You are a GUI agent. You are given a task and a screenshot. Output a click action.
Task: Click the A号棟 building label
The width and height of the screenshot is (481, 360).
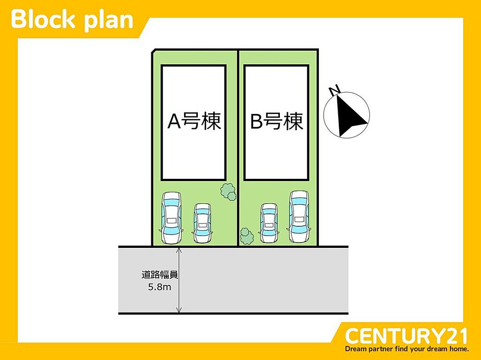pyautogui.click(x=194, y=121)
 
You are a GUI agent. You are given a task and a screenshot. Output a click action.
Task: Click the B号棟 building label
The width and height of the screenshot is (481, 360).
pyautogui.click(x=277, y=121)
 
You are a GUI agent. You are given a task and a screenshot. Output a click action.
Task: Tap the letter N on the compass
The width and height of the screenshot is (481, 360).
pyautogui.click(x=334, y=90)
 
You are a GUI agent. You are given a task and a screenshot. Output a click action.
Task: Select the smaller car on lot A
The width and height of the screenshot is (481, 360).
pyautogui.click(x=202, y=223)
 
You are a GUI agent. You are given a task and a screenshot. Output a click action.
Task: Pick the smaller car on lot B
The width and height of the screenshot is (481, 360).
pyautogui.click(x=269, y=223)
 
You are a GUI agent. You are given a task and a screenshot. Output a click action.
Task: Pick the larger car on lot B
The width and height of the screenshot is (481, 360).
pyautogui.click(x=299, y=217)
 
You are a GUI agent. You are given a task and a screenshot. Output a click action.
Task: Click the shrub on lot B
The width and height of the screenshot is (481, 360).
pyautogui.click(x=247, y=236)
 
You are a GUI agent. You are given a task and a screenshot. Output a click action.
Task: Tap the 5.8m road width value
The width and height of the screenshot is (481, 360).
pyautogui.click(x=160, y=287)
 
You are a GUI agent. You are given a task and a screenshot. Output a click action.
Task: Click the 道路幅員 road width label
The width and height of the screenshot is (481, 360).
pyautogui.click(x=160, y=275)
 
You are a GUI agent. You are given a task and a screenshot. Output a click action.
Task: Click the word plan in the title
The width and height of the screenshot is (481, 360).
pyautogui.click(x=109, y=22)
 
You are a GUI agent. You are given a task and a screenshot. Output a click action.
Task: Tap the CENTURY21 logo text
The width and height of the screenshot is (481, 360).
pyautogui.click(x=406, y=336)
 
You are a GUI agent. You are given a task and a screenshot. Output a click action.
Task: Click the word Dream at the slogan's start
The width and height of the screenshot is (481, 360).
pyautogui.click(x=354, y=349)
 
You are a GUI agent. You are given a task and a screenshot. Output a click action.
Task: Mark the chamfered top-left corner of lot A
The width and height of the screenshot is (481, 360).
pyautogui.click(x=154, y=51)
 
